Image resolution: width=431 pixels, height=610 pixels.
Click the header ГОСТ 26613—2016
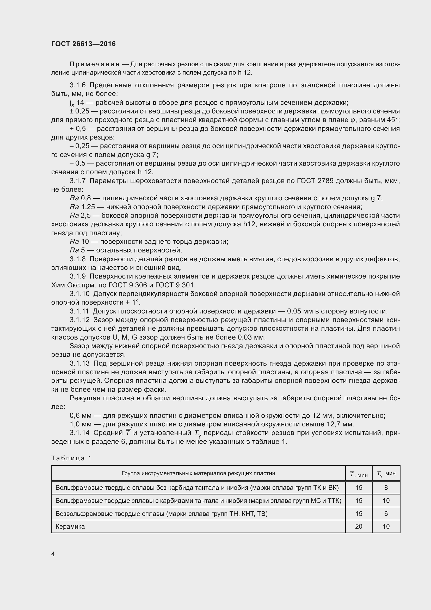[x=83, y=44]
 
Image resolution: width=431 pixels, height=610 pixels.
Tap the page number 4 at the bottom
[x=53, y=554]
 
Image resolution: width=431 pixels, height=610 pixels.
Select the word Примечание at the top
[x=94, y=64]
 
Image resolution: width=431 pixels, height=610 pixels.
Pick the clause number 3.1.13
[x=80, y=363]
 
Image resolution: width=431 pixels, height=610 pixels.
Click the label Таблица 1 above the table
[x=71, y=458]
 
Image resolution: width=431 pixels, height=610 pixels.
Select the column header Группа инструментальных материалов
[x=198, y=473]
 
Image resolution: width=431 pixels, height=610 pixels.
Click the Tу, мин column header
[x=386, y=473]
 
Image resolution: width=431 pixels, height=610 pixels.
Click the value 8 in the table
[x=386, y=487]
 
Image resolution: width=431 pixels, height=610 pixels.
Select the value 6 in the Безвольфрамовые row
[x=386, y=514]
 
